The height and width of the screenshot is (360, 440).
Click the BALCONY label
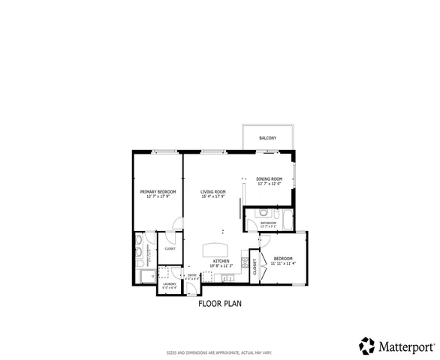tap(268, 138)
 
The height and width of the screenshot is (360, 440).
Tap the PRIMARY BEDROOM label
tap(158, 192)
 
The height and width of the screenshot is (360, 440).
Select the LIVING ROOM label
tap(213, 192)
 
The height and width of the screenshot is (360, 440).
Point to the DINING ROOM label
tap(268, 178)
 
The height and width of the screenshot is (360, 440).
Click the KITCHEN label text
tap(210, 261)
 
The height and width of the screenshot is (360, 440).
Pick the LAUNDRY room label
tap(169, 283)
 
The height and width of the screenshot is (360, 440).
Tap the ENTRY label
tap(192, 275)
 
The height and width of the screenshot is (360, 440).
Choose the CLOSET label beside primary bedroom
tap(170, 248)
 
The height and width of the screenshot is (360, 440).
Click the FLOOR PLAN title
tap(220, 304)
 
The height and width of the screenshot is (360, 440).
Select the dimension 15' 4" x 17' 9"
tap(213, 196)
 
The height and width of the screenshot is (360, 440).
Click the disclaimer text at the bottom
tap(220, 352)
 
